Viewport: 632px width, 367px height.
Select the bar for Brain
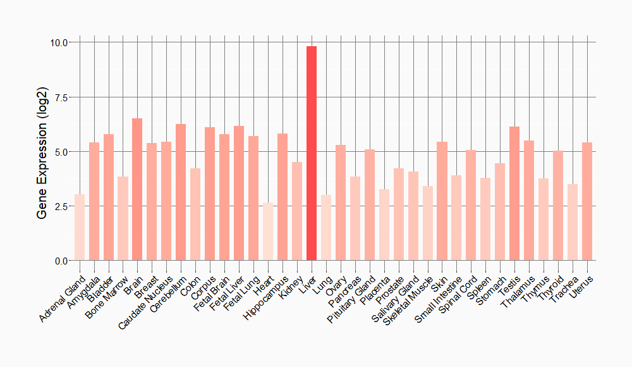(137, 189)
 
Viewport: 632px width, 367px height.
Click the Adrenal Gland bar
(80, 227)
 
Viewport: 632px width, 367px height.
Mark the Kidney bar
(297, 211)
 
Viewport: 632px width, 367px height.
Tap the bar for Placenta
(384, 225)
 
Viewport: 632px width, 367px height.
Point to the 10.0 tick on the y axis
(60, 42)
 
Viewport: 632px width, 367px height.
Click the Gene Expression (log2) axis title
(42, 152)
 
